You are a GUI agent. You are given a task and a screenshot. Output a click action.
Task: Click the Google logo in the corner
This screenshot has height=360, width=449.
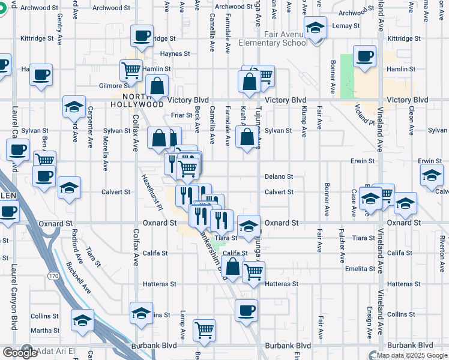[20, 353]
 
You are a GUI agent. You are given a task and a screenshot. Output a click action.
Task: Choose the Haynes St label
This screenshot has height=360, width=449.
[175, 53]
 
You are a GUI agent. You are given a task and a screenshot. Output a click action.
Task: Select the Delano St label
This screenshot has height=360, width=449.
[279, 176]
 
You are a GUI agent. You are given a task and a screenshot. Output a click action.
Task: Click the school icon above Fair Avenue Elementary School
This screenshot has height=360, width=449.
[315, 27]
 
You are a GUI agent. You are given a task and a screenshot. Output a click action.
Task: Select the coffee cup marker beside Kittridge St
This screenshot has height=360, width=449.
[142, 35]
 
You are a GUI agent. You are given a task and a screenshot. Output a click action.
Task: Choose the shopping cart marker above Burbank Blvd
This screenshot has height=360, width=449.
[204, 329]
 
